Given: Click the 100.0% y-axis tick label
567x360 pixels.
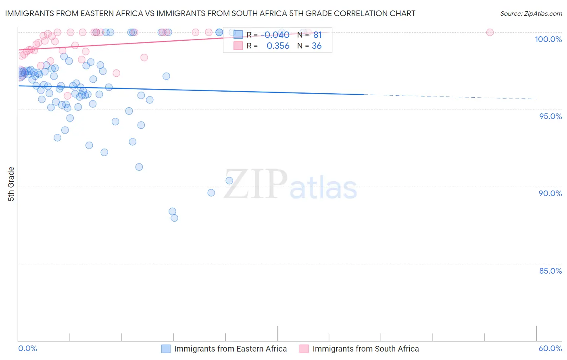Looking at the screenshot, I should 548,39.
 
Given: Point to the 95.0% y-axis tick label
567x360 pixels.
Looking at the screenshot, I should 550,116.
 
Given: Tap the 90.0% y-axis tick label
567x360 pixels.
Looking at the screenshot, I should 550,193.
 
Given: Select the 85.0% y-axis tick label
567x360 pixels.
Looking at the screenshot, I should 550,271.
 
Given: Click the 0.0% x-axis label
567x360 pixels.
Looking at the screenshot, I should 27,348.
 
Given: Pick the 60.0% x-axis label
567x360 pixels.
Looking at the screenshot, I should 550,348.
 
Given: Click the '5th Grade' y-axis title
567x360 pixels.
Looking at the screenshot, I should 11,184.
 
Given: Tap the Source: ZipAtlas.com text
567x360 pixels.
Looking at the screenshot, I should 531,13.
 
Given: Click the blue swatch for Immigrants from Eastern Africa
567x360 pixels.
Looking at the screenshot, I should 166,349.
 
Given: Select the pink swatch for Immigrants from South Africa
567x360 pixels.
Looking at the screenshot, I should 304,349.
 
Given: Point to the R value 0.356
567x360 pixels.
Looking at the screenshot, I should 278,46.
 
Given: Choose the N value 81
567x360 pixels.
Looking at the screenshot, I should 317,35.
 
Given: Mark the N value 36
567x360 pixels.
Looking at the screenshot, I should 317,46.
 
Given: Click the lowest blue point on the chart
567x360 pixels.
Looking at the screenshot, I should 174,218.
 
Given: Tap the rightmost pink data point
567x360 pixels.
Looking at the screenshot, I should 490,32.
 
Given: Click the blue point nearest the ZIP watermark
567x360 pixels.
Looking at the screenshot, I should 229,181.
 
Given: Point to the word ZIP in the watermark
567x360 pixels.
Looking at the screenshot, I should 255,184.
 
